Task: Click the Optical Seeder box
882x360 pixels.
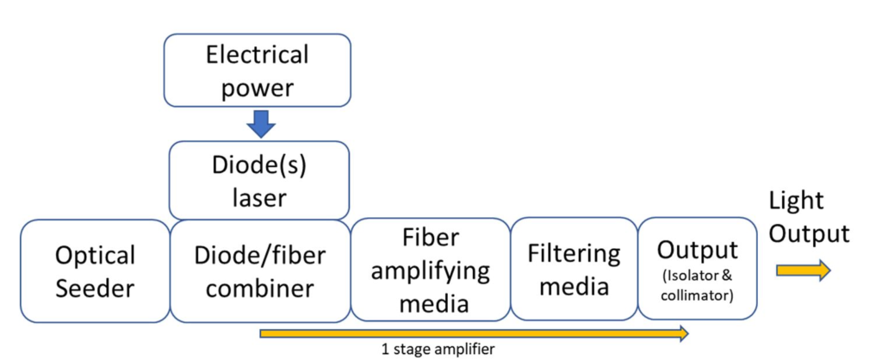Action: pos(95,270)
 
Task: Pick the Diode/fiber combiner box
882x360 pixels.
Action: pos(258,270)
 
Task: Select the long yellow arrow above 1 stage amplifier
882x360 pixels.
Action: pos(475,333)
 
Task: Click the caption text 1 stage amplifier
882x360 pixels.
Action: pos(438,350)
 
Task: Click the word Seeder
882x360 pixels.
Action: pos(95,288)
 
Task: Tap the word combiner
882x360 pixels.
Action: pos(258,288)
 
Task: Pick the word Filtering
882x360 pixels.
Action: pos(574,253)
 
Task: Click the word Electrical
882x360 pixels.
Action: pos(256,56)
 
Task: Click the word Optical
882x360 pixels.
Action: pos(95,256)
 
